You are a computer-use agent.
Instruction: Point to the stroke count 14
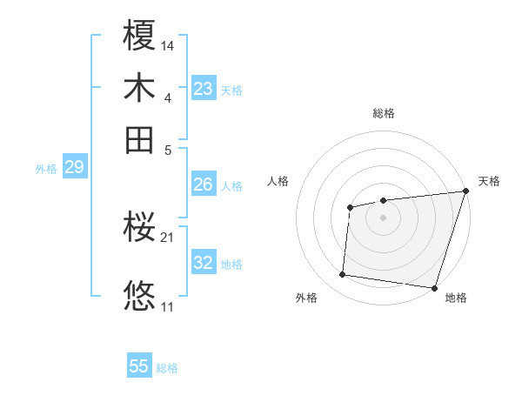(168, 44)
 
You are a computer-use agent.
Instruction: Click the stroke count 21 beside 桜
(168, 237)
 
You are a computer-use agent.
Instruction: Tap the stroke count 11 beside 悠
(168, 306)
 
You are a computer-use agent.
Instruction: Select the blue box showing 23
(204, 89)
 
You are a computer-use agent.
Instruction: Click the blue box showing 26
(204, 184)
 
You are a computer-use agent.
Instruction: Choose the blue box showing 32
(204, 263)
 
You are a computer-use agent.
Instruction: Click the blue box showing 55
(139, 366)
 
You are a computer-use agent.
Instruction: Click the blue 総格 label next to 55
(167, 368)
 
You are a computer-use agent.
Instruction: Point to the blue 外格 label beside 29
(46, 169)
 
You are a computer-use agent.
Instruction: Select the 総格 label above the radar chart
(383, 113)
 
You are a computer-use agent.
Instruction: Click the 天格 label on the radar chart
(489, 181)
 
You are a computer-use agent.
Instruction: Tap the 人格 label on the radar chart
(278, 181)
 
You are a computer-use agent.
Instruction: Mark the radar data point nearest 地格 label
(434, 287)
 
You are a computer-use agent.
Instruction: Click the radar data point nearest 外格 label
(343, 275)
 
